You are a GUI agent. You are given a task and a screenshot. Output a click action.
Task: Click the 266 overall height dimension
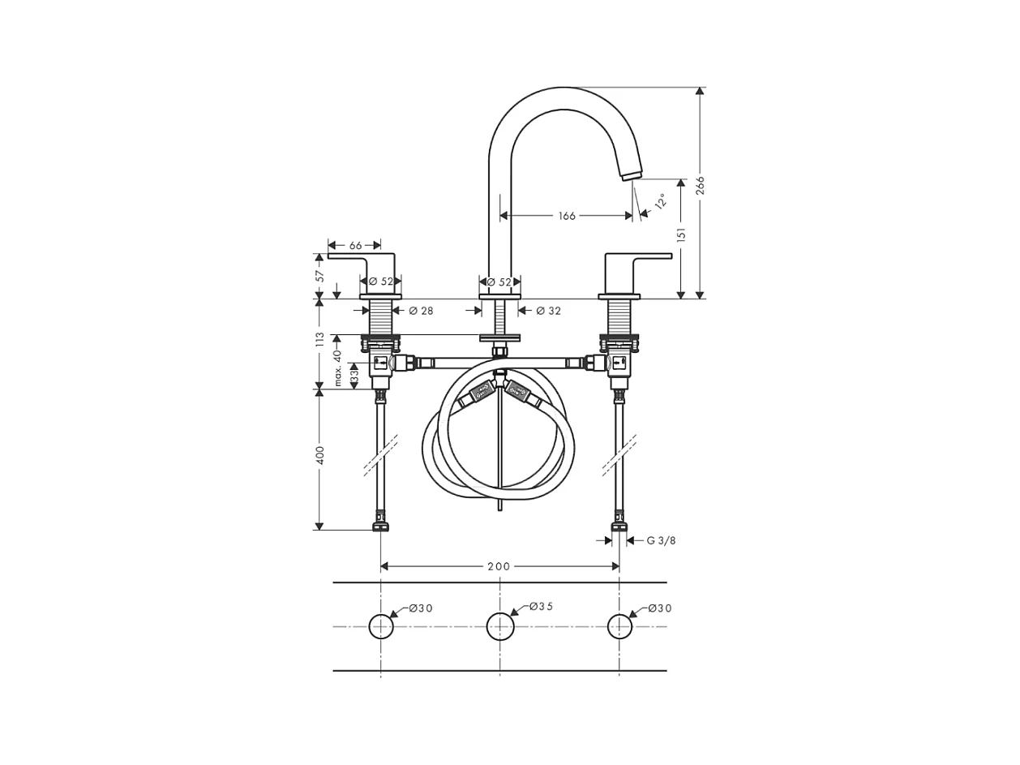point(701,186)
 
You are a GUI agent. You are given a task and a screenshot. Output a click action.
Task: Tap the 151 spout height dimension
point(681,234)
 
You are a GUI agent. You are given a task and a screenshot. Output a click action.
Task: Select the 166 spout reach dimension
point(567,216)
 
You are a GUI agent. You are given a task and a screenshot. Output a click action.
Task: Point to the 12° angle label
point(661,200)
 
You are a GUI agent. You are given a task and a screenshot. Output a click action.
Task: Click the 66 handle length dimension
point(355,245)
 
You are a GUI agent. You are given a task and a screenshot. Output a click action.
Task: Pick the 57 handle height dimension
point(319,276)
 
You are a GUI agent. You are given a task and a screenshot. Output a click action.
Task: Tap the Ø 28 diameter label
point(421,311)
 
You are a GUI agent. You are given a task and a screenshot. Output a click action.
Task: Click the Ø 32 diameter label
point(548,311)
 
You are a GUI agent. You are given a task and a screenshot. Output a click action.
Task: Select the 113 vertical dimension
point(319,340)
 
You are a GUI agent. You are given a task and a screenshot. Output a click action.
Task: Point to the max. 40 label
point(338,367)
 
